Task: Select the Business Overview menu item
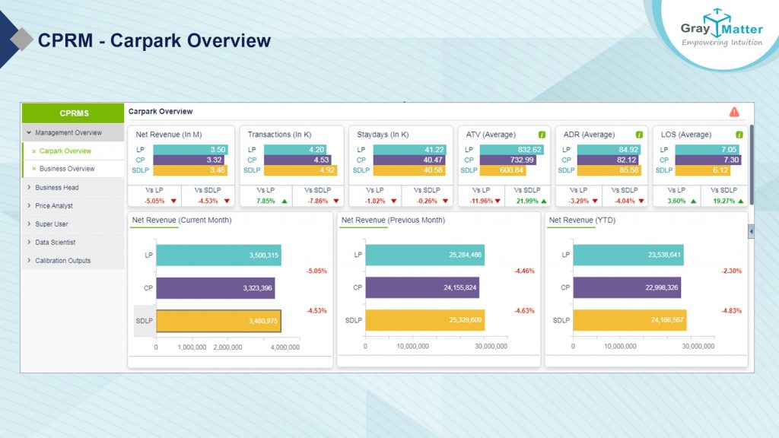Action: click(67, 169)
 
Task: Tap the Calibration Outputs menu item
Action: click(62, 261)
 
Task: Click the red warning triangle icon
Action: click(734, 112)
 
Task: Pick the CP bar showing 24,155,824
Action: click(422, 287)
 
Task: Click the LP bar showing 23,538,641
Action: click(628, 255)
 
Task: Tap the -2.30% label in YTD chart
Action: click(731, 271)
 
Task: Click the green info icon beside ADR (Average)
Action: click(639, 135)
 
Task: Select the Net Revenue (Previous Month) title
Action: click(393, 221)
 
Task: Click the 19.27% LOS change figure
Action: click(721, 202)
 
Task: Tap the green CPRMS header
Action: click(73, 113)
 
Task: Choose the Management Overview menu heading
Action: click(68, 133)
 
